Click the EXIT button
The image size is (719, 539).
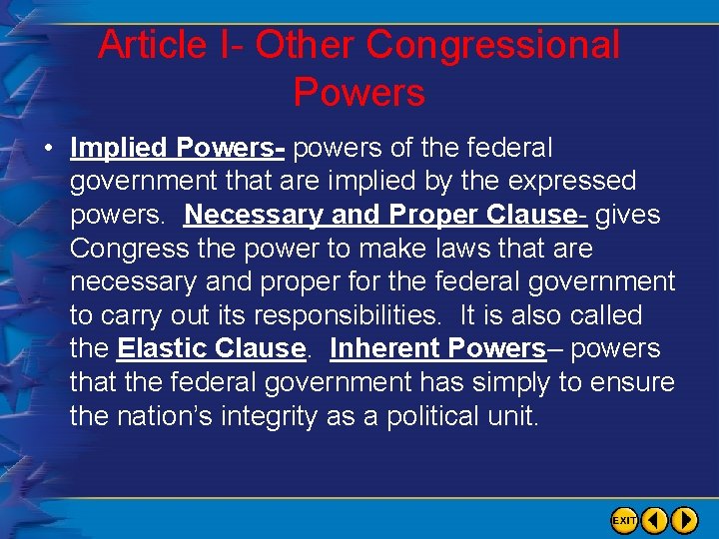pyautogui.click(x=624, y=520)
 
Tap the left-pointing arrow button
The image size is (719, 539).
pyautogui.click(x=655, y=520)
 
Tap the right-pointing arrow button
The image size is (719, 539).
pyautogui.click(x=685, y=520)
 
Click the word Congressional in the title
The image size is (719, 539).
pyautogui.click(x=493, y=46)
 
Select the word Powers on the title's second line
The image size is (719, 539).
pyautogui.click(x=359, y=93)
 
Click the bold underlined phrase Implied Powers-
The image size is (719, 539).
pyautogui.click(x=178, y=149)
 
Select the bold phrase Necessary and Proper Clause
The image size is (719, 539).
pyautogui.click(x=380, y=216)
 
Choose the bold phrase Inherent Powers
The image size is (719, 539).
pyautogui.click(x=437, y=349)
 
